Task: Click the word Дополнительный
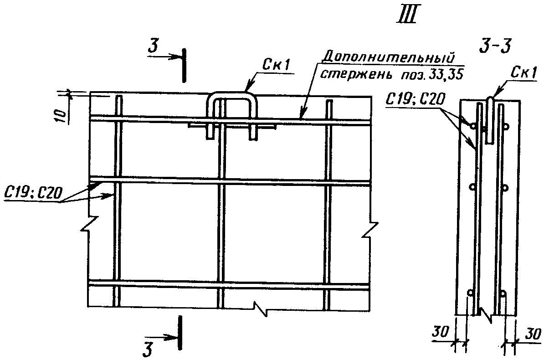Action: coord(388,57)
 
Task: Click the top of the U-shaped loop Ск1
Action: coord(232,95)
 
